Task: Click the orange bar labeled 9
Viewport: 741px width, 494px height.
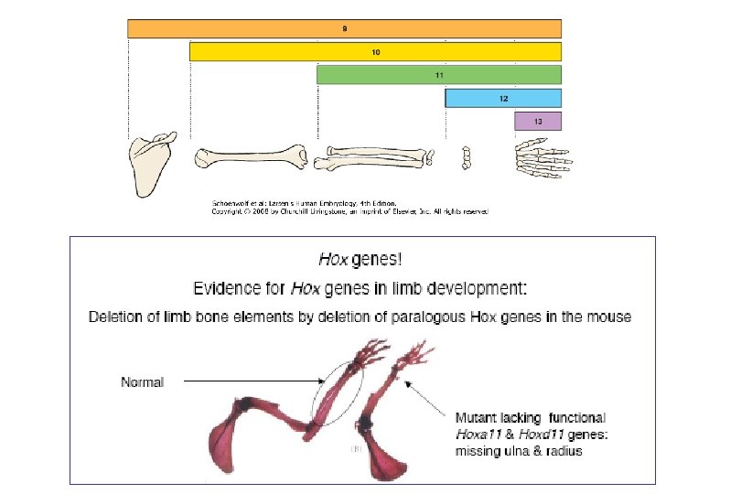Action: (x=344, y=29)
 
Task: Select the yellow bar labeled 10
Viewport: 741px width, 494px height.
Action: (x=375, y=52)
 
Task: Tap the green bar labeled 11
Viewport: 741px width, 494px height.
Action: (x=439, y=74)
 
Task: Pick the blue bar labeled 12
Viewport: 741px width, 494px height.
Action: (x=503, y=97)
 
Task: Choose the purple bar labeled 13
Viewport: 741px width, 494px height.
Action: (x=538, y=120)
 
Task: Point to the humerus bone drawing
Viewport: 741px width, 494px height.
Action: (x=251, y=157)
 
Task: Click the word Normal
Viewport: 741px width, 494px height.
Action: (x=142, y=381)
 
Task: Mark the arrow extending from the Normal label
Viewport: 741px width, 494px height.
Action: (x=247, y=381)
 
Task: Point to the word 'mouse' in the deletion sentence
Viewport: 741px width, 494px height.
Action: (x=609, y=317)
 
